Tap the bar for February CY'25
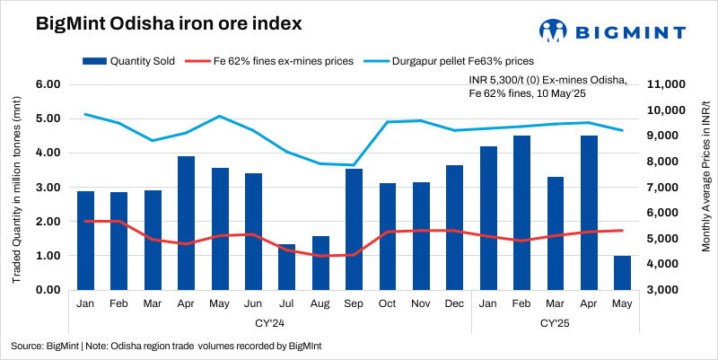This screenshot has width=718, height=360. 521,213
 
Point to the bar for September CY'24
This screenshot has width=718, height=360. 354,229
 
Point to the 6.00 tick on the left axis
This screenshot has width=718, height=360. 47,84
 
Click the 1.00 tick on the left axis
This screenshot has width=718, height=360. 47,256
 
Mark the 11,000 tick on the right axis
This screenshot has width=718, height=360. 666,84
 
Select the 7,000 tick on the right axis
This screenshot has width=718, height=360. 666,188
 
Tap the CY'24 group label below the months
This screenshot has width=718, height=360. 269,322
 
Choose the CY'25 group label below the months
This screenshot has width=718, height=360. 556,322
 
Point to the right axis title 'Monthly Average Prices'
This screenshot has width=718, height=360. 705,188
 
